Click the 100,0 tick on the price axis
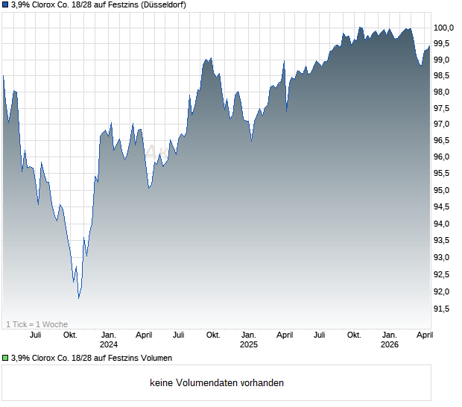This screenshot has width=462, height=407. (444, 28)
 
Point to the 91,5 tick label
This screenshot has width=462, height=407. (444, 308)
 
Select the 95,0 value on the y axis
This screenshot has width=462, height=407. (444, 190)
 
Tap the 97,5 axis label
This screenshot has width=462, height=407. (444, 108)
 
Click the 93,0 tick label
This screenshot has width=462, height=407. (444, 257)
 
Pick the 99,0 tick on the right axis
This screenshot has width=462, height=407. (444, 60)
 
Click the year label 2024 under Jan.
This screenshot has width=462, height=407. (109, 344)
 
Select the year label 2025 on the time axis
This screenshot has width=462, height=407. (249, 344)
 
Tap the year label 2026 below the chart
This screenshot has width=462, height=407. (389, 344)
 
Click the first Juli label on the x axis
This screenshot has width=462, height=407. (35, 335)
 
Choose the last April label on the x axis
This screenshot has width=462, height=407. (423, 335)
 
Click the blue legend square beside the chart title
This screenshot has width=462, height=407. (6, 5)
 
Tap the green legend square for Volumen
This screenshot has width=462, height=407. (6, 358)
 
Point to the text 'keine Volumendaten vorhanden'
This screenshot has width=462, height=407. (217, 383)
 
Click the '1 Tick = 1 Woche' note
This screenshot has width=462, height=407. (37, 324)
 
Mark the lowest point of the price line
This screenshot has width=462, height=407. (78, 297)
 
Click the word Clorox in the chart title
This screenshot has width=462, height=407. (45, 5)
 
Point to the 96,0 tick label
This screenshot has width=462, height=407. (444, 157)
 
